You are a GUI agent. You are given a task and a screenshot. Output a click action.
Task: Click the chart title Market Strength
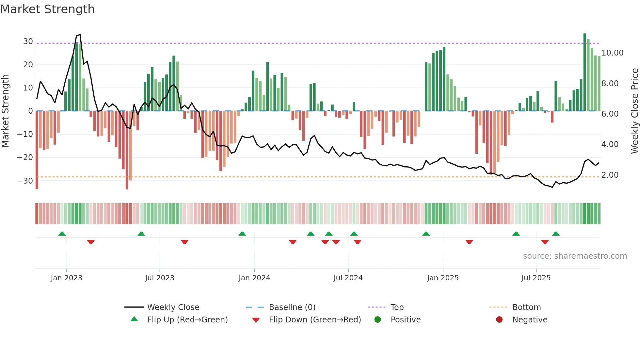tap(47, 9)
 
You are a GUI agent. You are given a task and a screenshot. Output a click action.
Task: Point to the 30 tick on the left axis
tap(28, 41)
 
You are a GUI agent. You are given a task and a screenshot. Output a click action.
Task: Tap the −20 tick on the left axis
tap(25, 157)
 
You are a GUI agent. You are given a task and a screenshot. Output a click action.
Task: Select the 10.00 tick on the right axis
tap(612, 53)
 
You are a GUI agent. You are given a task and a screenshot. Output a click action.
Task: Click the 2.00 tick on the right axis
tap(610, 175)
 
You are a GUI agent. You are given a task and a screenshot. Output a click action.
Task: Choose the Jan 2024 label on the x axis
tap(254, 278)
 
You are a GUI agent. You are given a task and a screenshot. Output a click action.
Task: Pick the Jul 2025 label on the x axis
tap(536, 278)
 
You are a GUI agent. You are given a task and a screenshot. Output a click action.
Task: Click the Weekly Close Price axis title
tap(634, 111)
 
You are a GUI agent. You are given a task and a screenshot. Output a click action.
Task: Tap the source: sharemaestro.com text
tap(575, 256)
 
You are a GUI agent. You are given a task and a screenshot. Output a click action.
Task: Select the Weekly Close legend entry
tap(173, 307)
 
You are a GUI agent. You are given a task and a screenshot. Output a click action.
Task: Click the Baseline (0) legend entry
tap(292, 307)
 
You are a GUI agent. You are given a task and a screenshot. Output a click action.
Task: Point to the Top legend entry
tap(397, 307)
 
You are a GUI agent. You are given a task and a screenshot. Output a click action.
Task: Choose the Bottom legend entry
tap(526, 307)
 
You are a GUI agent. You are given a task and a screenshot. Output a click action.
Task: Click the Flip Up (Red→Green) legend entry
tap(187, 320)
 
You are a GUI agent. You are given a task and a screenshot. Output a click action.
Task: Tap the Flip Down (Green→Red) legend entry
tap(315, 320)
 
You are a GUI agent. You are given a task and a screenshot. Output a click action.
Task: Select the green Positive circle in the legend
tap(378, 320)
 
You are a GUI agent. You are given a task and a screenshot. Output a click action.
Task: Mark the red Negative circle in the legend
tap(499, 320)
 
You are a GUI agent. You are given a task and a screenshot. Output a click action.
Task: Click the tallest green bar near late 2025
tap(585, 72)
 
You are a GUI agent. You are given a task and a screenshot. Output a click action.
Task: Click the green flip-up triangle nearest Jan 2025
tap(426, 234)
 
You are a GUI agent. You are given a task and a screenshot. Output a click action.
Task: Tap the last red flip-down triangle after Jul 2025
tap(545, 242)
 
